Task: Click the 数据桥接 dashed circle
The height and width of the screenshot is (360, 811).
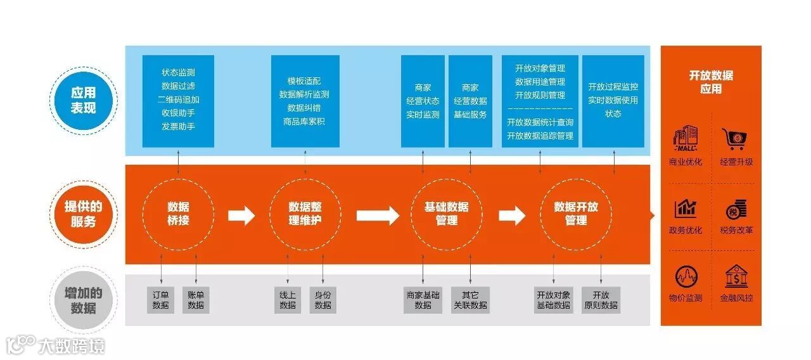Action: pos(178,214)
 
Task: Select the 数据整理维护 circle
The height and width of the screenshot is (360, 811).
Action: pos(305,214)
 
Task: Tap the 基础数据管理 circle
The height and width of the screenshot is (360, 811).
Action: pos(447,214)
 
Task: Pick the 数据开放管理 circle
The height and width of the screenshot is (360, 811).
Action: pos(575,214)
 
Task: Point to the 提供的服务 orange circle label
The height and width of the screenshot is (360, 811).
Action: pos(83,214)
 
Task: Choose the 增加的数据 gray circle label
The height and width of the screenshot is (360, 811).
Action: pos(83,300)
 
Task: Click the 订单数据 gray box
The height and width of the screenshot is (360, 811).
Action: pos(161,300)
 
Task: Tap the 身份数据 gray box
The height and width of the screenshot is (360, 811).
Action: pos(322,300)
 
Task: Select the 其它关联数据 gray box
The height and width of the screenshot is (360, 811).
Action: pos(470,300)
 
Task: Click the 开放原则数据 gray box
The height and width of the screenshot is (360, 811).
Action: pos(601,300)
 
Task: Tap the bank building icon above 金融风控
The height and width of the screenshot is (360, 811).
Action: pos(736,276)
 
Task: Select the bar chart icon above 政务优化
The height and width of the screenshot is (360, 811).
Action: pos(686,208)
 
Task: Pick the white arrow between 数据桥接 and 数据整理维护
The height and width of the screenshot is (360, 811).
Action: pos(241,215)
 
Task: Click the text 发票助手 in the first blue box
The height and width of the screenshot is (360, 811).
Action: pos(178,126)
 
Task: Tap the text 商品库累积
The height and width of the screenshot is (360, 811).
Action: pos(305,121)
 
